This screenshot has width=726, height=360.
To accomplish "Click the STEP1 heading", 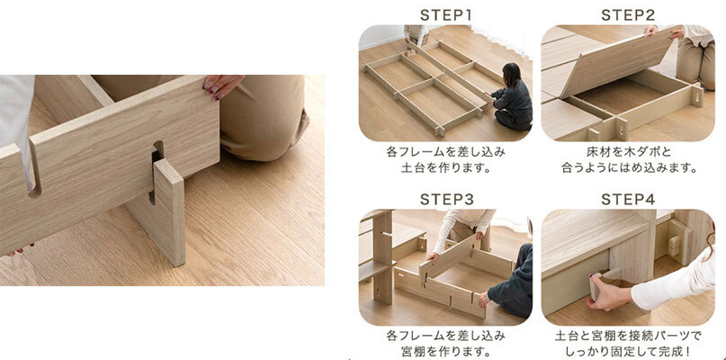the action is click(x=445, y=15).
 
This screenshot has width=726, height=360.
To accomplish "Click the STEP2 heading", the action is click(x=628, y=15).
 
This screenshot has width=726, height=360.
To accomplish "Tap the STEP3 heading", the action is click(x=447, y=199).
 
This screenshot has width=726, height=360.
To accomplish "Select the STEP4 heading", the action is click(x=628, y=199).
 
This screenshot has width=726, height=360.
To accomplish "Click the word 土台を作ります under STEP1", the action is click(x=441, y=166).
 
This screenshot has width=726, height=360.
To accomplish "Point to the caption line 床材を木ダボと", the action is click(x=627, y=152).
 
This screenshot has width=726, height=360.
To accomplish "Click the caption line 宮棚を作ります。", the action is click(x=445, y=350).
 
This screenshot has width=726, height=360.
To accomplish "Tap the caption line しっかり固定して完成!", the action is click(x=629, y=350).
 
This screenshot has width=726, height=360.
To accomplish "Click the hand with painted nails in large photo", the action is click(x=222, y=85).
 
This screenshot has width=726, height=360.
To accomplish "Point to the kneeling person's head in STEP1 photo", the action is click(x=510, y=74).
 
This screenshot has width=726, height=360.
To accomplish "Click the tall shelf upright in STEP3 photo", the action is click(x=382, y=257).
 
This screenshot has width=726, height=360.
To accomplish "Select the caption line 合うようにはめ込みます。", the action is click(x=629, y=166).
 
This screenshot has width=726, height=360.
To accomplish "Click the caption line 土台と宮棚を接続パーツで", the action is click(x=629, y=335).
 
